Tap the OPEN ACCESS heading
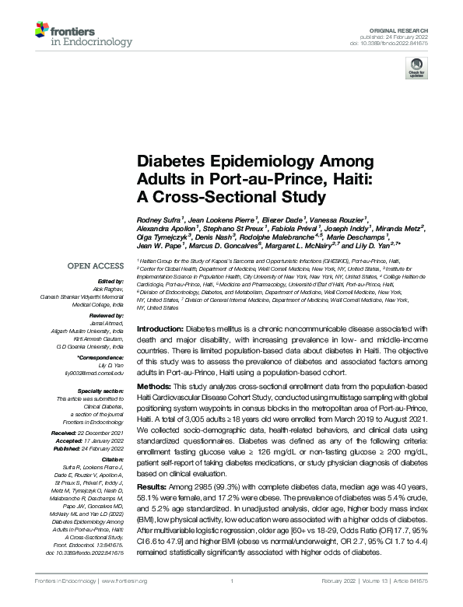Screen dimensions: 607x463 pos(96,266)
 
